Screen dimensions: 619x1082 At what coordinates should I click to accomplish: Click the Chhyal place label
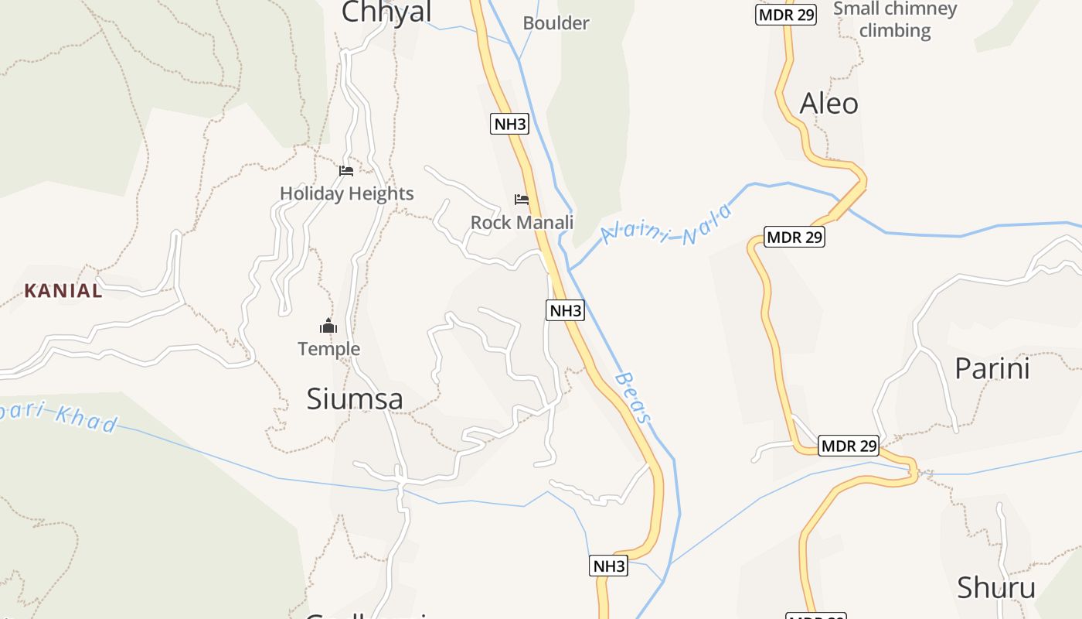click(386, 12)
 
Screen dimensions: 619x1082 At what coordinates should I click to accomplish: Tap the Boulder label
click(556, 23)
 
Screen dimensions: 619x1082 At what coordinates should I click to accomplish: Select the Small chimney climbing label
click(895, 20)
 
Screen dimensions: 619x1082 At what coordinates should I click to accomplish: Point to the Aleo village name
click(829, 103)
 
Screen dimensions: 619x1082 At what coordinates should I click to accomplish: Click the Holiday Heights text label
click(346, 193)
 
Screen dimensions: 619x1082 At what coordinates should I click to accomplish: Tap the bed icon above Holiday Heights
click(346, 171)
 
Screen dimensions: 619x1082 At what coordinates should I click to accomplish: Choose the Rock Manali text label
click(522, 223)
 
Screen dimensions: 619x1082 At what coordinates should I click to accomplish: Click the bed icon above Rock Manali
click(522, 200)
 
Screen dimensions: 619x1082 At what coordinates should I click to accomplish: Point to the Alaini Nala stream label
click(666, 224)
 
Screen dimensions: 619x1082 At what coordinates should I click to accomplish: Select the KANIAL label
click(63, 291)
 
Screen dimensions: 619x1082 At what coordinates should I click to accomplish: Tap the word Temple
click(329, 349)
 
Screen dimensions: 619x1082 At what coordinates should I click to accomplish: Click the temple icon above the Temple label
click(328, 327)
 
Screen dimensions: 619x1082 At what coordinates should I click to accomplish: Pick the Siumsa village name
click(355, 398)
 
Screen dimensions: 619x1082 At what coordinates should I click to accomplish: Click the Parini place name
click(992, 368)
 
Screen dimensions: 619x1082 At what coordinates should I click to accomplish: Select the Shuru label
click(995, 588)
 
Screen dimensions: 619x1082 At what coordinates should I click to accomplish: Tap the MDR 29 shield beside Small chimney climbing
click(786, 15)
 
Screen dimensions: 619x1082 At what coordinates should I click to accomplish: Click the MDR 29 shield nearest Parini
click(849, 446)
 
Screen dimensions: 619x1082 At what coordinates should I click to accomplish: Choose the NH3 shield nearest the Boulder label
click(509, 123)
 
